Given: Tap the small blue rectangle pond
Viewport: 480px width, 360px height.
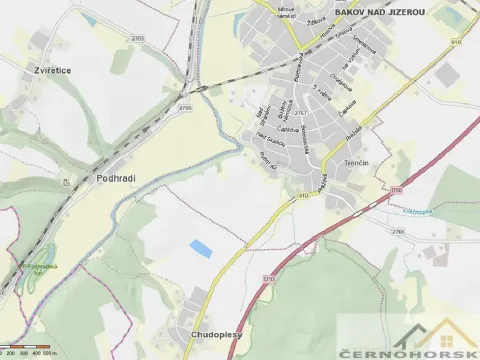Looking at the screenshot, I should pyautogui.click(x=202, y=246).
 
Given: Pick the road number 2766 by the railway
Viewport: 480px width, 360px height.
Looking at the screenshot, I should pyautogui.click(x=184, y=107).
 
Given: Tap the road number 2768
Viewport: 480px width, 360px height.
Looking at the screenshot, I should pyautogui.click(x=398, y=231).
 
